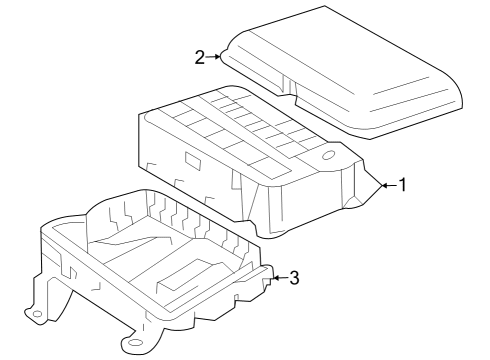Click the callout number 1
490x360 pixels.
tap(402, 185)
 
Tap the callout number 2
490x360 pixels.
tap(200, 57)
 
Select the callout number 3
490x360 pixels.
tap(294, 277)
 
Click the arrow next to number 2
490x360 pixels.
tap(215, 57)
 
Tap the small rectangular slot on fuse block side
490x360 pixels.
tap(191, 158)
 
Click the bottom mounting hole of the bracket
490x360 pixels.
tap(130, 348)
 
